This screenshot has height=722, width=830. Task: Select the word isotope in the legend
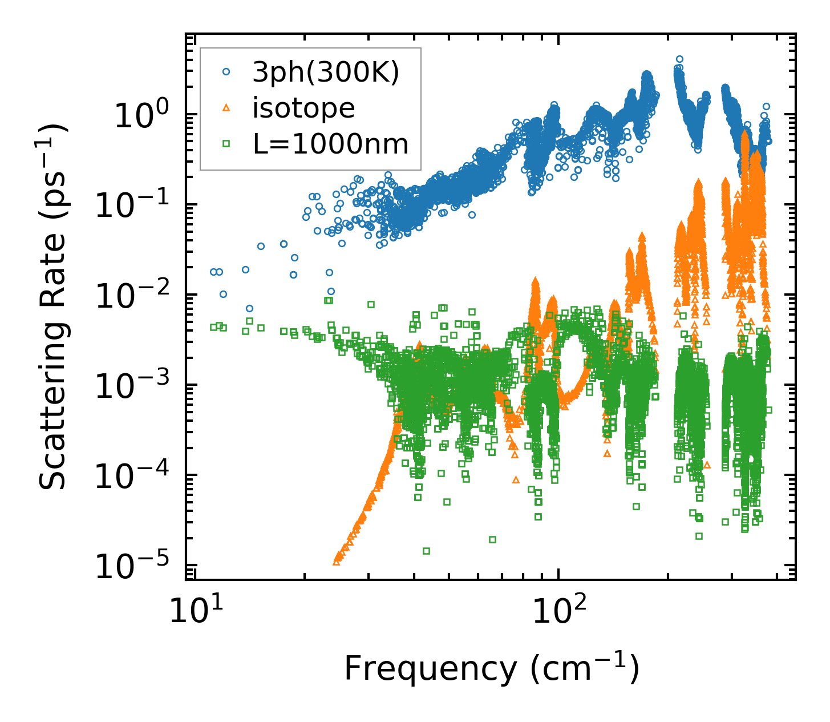(303, 108)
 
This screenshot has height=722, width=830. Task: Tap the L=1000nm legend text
(330, 144)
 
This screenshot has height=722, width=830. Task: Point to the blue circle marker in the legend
(226, 72)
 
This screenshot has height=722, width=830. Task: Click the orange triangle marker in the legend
(226, 108)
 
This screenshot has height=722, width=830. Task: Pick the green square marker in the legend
(226, 144)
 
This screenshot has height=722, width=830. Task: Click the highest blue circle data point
(679, 59)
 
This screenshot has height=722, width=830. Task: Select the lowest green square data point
(426, 551)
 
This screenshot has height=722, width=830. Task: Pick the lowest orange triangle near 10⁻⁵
(337, 562)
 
